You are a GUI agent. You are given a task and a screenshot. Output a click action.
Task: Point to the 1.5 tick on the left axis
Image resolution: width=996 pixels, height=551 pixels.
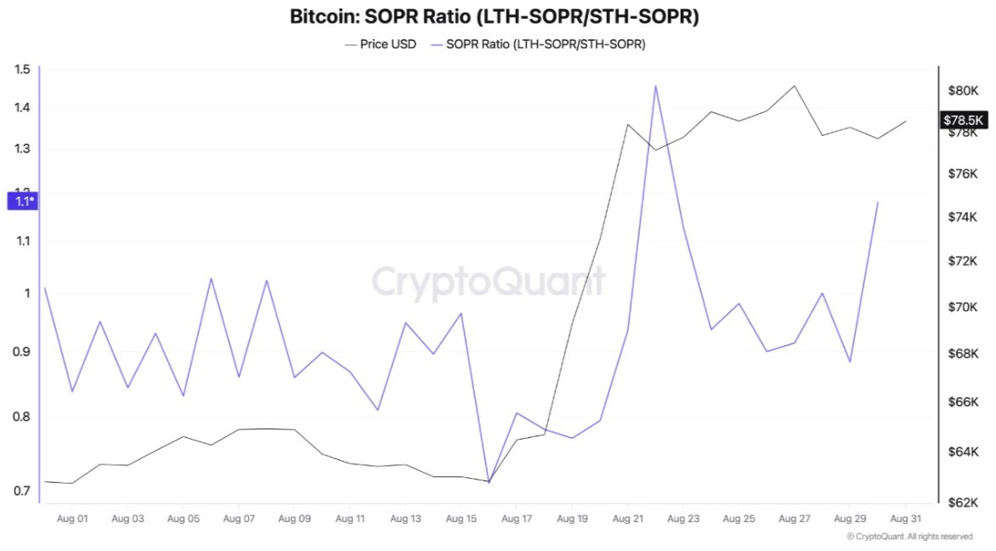tap(22, 69)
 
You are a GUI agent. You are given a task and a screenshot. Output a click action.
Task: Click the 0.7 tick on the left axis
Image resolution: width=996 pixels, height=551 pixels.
tap(22, 491)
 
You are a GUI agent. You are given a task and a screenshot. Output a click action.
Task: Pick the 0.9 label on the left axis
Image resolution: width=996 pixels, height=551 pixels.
tap(22, 351)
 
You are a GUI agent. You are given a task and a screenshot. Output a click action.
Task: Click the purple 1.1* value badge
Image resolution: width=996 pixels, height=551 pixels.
tap(23, 202)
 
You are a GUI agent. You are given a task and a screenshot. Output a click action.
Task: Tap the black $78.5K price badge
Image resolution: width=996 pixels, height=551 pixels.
tap(963, 120)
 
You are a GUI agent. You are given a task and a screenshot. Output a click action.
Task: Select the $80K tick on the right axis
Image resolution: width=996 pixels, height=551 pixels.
tap(963, 91)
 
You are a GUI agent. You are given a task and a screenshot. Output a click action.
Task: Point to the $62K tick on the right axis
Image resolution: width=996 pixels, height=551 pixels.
tap(963, 503)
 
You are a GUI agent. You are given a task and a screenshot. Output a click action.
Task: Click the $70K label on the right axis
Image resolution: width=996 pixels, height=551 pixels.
tap(963, 307)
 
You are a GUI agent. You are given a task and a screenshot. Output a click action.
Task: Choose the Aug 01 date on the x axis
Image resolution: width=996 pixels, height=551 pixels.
tap(72, 519)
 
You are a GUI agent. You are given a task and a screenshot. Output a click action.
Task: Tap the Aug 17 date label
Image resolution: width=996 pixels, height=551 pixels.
tap(517, 519)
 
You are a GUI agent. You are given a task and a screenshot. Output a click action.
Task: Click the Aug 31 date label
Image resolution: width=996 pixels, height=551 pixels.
tap(906, 519)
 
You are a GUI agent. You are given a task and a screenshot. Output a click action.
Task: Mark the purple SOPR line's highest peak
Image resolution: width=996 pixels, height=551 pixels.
tap(655, 86)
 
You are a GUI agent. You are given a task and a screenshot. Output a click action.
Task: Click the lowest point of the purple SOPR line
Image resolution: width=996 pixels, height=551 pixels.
tap(489, 482)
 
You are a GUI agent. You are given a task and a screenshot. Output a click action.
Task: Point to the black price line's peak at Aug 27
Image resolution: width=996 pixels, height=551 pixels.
tap(794, 86)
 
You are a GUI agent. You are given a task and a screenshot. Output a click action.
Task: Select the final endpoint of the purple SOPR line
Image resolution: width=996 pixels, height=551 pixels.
tap(878, 202)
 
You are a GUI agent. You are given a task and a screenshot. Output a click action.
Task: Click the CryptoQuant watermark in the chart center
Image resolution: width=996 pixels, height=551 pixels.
tap(489, 281)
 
